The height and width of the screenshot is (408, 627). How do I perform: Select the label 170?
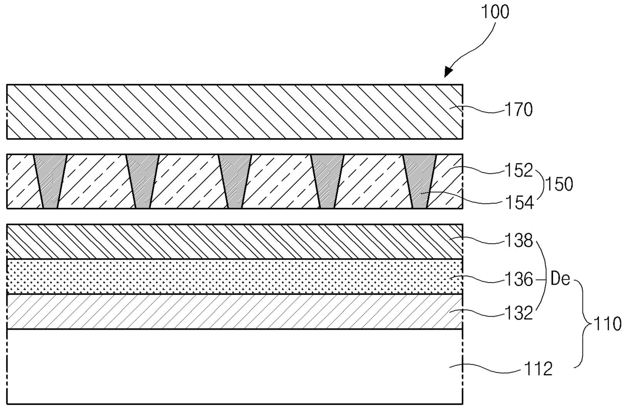click(x=519, y=110)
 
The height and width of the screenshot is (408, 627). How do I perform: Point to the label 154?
click(x=519, y=202)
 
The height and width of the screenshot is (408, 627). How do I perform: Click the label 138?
click(x=519, y=242)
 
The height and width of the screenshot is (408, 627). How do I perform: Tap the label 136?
click(x=519, y=279)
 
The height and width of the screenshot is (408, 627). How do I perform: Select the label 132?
click(x=519, y=313)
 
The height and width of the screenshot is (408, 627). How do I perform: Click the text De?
click(x=560, y=279)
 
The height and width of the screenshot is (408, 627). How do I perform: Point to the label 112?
click(x=538, y=370)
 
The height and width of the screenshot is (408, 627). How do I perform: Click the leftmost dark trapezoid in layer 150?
click(x=50, y=181)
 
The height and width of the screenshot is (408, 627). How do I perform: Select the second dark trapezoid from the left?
click(x=143, y=181)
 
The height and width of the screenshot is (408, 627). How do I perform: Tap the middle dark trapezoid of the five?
click(x=235, y=181)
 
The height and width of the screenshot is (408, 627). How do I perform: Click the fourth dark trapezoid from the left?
click(x=327, y=181)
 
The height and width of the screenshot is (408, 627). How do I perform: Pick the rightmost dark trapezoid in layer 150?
click(x=420, y=181)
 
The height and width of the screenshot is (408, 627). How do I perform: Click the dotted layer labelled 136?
click(x=233, y=276)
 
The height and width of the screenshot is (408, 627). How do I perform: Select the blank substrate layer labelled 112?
click(x=233, y=367)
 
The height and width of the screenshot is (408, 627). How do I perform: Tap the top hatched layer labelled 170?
click(x=233, y=112)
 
